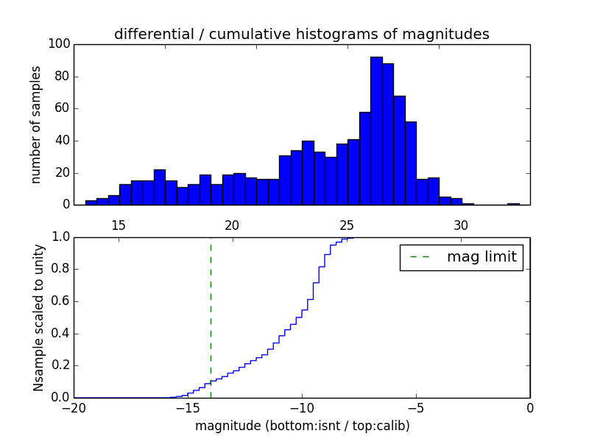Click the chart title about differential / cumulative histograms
click(x=301, y=34)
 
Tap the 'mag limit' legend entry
click(x=462, y=257)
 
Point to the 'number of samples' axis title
click(x=35, y=124)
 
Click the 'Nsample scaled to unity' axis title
click(x=38, y=318)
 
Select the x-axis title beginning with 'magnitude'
click(x=302, y=426)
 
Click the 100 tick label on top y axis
click(x=60, y=44)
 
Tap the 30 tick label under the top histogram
click(x=461, y=225)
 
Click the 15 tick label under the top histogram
click(x=119, y=225)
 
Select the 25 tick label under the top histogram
click(x=347, y=225)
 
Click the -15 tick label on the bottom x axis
click(x=187, y=407)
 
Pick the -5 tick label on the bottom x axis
click(x=416, y=407)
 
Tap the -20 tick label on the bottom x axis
click(x=73, y=407)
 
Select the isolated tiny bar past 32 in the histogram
click(x=513, y=204)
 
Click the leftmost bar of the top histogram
click(x=91, y=203)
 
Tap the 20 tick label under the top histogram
click(x=233, y=225)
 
